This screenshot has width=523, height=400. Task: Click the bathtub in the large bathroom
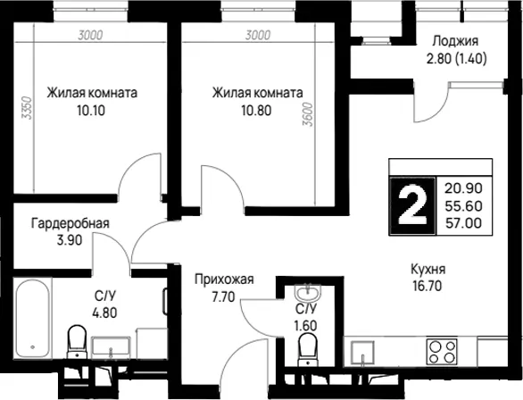pos(33,320)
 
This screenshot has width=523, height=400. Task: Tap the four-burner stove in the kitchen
pos(442,351)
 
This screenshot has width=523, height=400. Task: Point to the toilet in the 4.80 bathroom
pos(77,342)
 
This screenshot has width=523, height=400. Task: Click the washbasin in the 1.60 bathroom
pos(308,293)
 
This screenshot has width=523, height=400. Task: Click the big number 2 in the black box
pos(413,206)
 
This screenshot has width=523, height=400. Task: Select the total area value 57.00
pos(463,222)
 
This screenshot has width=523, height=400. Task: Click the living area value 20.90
pos(463,188)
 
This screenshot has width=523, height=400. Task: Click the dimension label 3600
pos(308,114)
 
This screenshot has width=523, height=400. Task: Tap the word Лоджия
pos(455,41)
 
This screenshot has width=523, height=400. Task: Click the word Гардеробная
pos(71,223)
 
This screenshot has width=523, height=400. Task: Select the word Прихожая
pos(224,279)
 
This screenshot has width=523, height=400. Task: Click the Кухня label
pos(428,269)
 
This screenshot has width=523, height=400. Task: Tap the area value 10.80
pos(256,110)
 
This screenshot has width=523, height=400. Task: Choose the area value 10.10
pos(91,110)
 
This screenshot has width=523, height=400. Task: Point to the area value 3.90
pos(70,240)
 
